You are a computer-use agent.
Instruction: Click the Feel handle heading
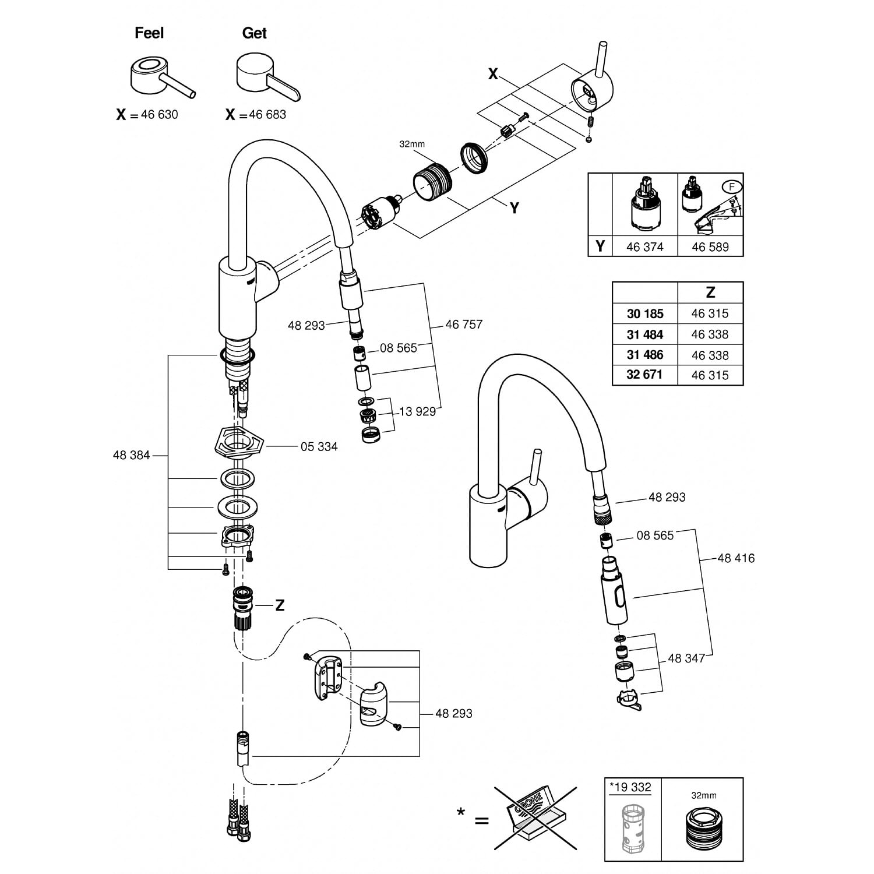(x=149, y=33)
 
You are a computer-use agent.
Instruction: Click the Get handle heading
(x=254, y=33)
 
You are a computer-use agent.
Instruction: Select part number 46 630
(x=159, y=115)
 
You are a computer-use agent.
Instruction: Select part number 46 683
(x=267, y=115)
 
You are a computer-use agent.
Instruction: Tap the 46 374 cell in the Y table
(x=644, y=247)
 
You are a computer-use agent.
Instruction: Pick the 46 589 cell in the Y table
(x=710, y=247)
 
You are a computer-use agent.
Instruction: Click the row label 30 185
(x=645, y=314)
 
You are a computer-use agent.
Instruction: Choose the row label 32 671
(x=644, y=375)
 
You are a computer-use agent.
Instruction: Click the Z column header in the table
(x=710, y=292)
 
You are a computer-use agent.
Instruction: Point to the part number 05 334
(x=319, y=447)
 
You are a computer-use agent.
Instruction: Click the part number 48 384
(x=131, y=455)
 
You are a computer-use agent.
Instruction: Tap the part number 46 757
(x=464, y=325)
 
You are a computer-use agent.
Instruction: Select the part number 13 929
(x=417, y=412)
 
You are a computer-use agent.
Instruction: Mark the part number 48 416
(x=736, y=558)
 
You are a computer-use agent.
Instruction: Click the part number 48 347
(x=686, y=658)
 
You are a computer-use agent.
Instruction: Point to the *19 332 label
(x=632, y=788)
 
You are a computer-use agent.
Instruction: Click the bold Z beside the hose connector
(x=280, y=605)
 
